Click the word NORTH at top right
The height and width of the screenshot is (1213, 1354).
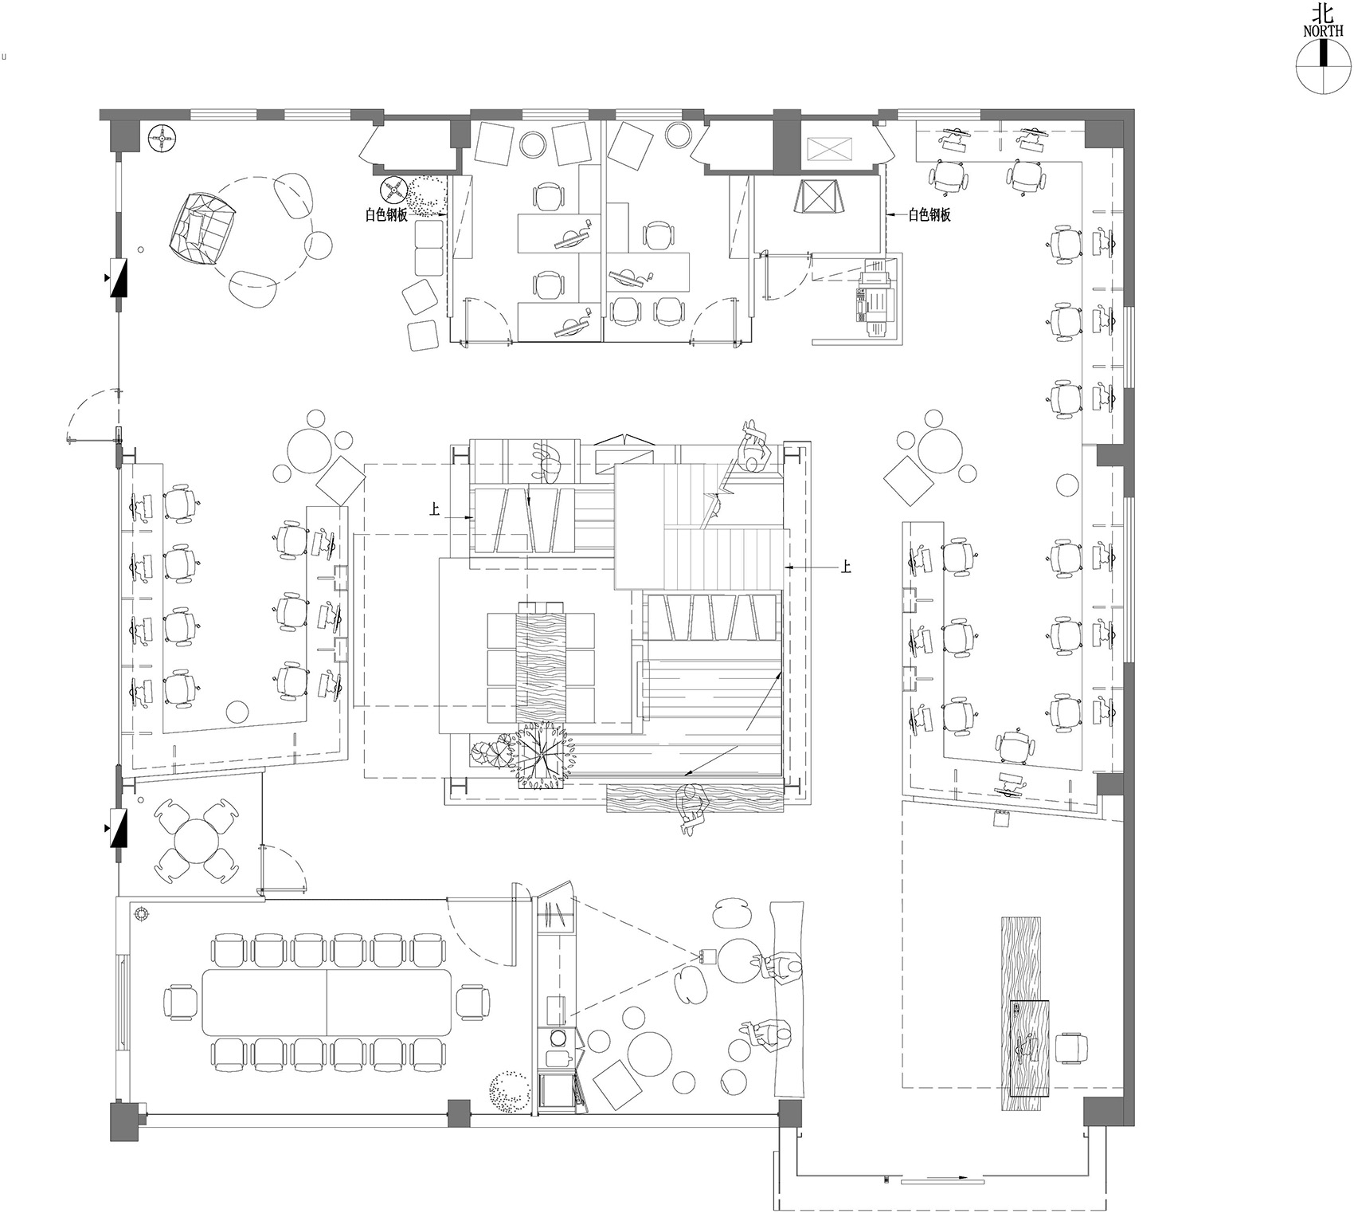coord(1323,31)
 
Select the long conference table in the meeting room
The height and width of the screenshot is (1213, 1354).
coord(327,1000)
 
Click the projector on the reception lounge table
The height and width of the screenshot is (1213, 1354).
coord(705,956)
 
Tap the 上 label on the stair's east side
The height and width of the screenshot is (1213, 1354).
coord(845,567)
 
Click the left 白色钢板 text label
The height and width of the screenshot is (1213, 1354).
coord(386,214)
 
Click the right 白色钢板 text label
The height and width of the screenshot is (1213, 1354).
coord(929,214)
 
